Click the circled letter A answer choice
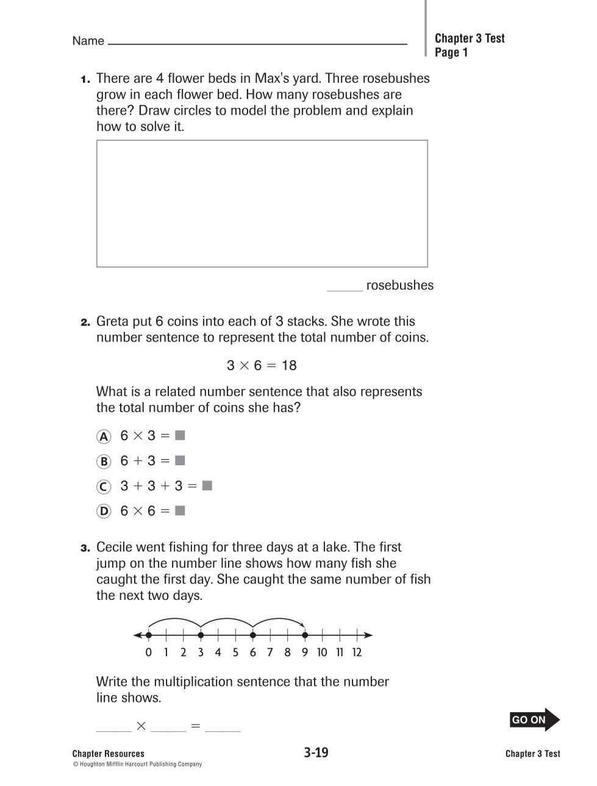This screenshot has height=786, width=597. pos(104,437)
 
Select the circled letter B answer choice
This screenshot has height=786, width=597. pos(104,462)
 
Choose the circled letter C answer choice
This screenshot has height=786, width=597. pos(104,487)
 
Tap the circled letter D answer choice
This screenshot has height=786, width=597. pos(104,512)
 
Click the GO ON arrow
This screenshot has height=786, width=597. pos(534,720)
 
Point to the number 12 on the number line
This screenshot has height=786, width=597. pos(357,652)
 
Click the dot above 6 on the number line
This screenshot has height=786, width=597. pos(252,635)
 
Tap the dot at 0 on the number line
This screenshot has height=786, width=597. pos(148,635)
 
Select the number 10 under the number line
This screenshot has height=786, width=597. pos(322,652)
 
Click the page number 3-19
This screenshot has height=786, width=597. pos(316,752)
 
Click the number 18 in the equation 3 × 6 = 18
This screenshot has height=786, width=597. pos(289,365)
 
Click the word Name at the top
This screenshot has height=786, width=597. pos(88,41)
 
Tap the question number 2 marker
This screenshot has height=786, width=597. pos(85,322)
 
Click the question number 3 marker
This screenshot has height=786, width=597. pos(85,548)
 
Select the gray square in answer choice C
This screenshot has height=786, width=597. pos(207,485)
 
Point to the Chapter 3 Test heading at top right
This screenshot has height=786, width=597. pos(469,38)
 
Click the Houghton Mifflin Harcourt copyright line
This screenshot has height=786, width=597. pos(137,764)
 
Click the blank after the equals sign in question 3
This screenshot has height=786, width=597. pos(223,728)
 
